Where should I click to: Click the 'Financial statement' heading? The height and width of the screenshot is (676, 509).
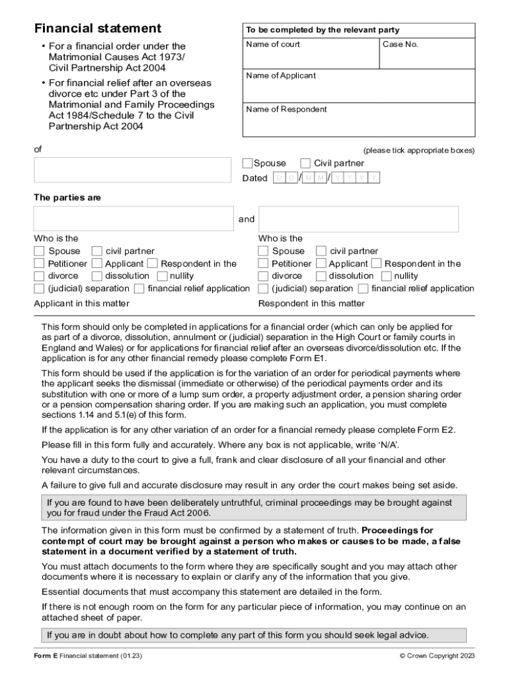(98, 28)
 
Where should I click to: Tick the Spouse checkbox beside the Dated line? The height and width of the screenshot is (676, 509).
(247, 163)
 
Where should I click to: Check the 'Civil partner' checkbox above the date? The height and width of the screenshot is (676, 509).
(305, 163)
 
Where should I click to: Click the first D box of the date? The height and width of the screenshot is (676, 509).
(280, 178)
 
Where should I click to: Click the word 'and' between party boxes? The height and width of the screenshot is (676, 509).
(247, 219)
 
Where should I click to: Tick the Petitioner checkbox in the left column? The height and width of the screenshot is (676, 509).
(40, 263)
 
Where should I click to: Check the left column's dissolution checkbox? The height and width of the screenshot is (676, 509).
(97, 276)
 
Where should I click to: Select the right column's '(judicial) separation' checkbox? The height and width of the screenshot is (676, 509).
(263, 288)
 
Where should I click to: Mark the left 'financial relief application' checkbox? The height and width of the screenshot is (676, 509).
(139, 288)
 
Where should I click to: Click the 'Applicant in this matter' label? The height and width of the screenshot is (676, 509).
(81, 304)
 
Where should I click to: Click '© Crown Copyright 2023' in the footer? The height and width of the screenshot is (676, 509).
(437, 656)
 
